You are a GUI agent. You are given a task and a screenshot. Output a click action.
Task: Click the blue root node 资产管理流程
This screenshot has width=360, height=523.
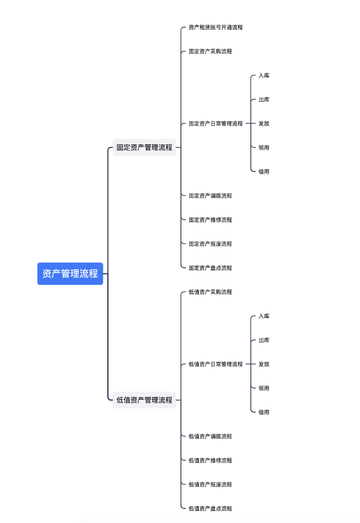[x=70, y=274]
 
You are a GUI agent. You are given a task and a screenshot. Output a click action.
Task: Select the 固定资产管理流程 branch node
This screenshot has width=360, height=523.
[x=144, y=147]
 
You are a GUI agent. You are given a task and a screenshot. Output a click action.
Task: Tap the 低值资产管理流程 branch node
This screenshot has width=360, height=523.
[x=144, y=400]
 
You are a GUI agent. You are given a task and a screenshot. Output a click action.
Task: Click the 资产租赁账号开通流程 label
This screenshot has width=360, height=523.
[x=215, y=27]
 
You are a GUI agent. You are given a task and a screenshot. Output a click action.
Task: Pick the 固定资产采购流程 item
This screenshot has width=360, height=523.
[x=210, y=51]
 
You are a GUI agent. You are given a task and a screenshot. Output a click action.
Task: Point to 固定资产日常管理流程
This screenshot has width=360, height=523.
[x=215, y=124]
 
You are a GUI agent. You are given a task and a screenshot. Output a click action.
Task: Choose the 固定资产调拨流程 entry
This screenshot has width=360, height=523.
[x=210, y=196]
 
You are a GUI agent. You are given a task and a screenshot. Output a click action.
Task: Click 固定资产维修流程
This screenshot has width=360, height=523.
[x=210, y=220]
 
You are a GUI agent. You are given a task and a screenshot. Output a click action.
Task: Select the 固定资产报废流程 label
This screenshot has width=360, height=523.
[x=210, y=244]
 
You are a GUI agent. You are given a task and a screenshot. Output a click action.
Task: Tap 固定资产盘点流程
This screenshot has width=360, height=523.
[x=210, y=268]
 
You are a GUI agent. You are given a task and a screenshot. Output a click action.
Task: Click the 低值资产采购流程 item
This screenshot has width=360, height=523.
[x=210, y=292]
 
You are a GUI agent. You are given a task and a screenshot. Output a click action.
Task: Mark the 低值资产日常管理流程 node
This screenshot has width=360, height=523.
[x=215, y=364]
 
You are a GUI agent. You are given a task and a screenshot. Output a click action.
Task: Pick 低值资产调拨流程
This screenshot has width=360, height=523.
[x=210, y=437]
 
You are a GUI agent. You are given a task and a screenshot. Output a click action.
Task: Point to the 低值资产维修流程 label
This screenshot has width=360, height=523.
[x=210, y=460]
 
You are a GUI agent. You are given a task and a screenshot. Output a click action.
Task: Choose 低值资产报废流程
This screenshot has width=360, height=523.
[x=210, y=485]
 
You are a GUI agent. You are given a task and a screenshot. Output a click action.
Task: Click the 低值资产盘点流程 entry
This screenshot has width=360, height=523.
[x=210, y=508]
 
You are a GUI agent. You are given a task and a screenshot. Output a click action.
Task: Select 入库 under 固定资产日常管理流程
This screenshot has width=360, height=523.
[x=264, y=76]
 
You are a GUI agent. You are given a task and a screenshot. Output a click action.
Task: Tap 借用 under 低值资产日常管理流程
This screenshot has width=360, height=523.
[x=264, y=412]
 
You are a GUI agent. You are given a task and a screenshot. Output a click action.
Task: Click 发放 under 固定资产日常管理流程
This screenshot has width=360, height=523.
[x=264, y=124]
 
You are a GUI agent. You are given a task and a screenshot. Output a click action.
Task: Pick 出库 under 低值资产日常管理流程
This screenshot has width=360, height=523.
[x=264, y=340]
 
